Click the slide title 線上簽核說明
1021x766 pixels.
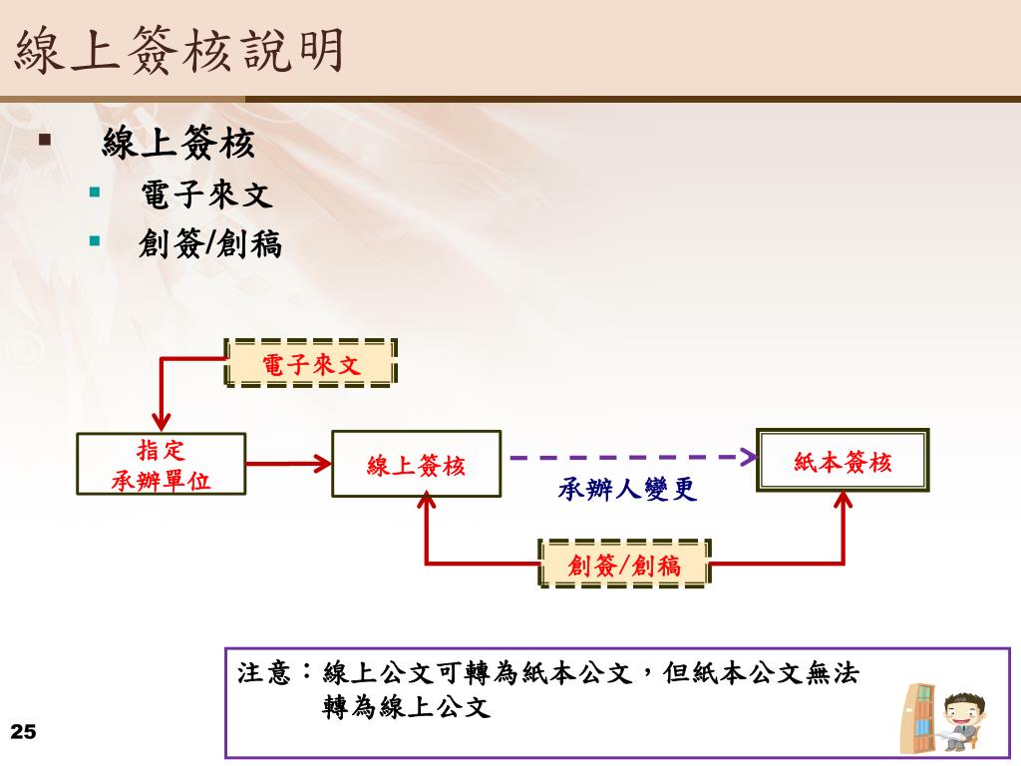click(x=179, y=50)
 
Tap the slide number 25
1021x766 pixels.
click(x=23, y=733)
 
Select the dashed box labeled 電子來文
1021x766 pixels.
click(x=310, y=364)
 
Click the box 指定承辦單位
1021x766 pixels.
click(x=161, y=464)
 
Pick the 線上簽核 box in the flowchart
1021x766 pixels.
click(x=416, y=464)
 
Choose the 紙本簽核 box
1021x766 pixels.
click(x=843, y=461)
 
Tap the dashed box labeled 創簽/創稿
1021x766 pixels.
click(x=624, y=565)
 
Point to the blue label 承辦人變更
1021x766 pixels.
click(x=627, y=490)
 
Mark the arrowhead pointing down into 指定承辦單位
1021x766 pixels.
click(x=162, y=422)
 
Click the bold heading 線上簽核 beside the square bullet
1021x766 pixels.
click(x=178, y=145)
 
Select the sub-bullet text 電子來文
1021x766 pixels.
click(x=205, y=193)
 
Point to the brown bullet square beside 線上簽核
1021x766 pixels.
click(x=45, y=139)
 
